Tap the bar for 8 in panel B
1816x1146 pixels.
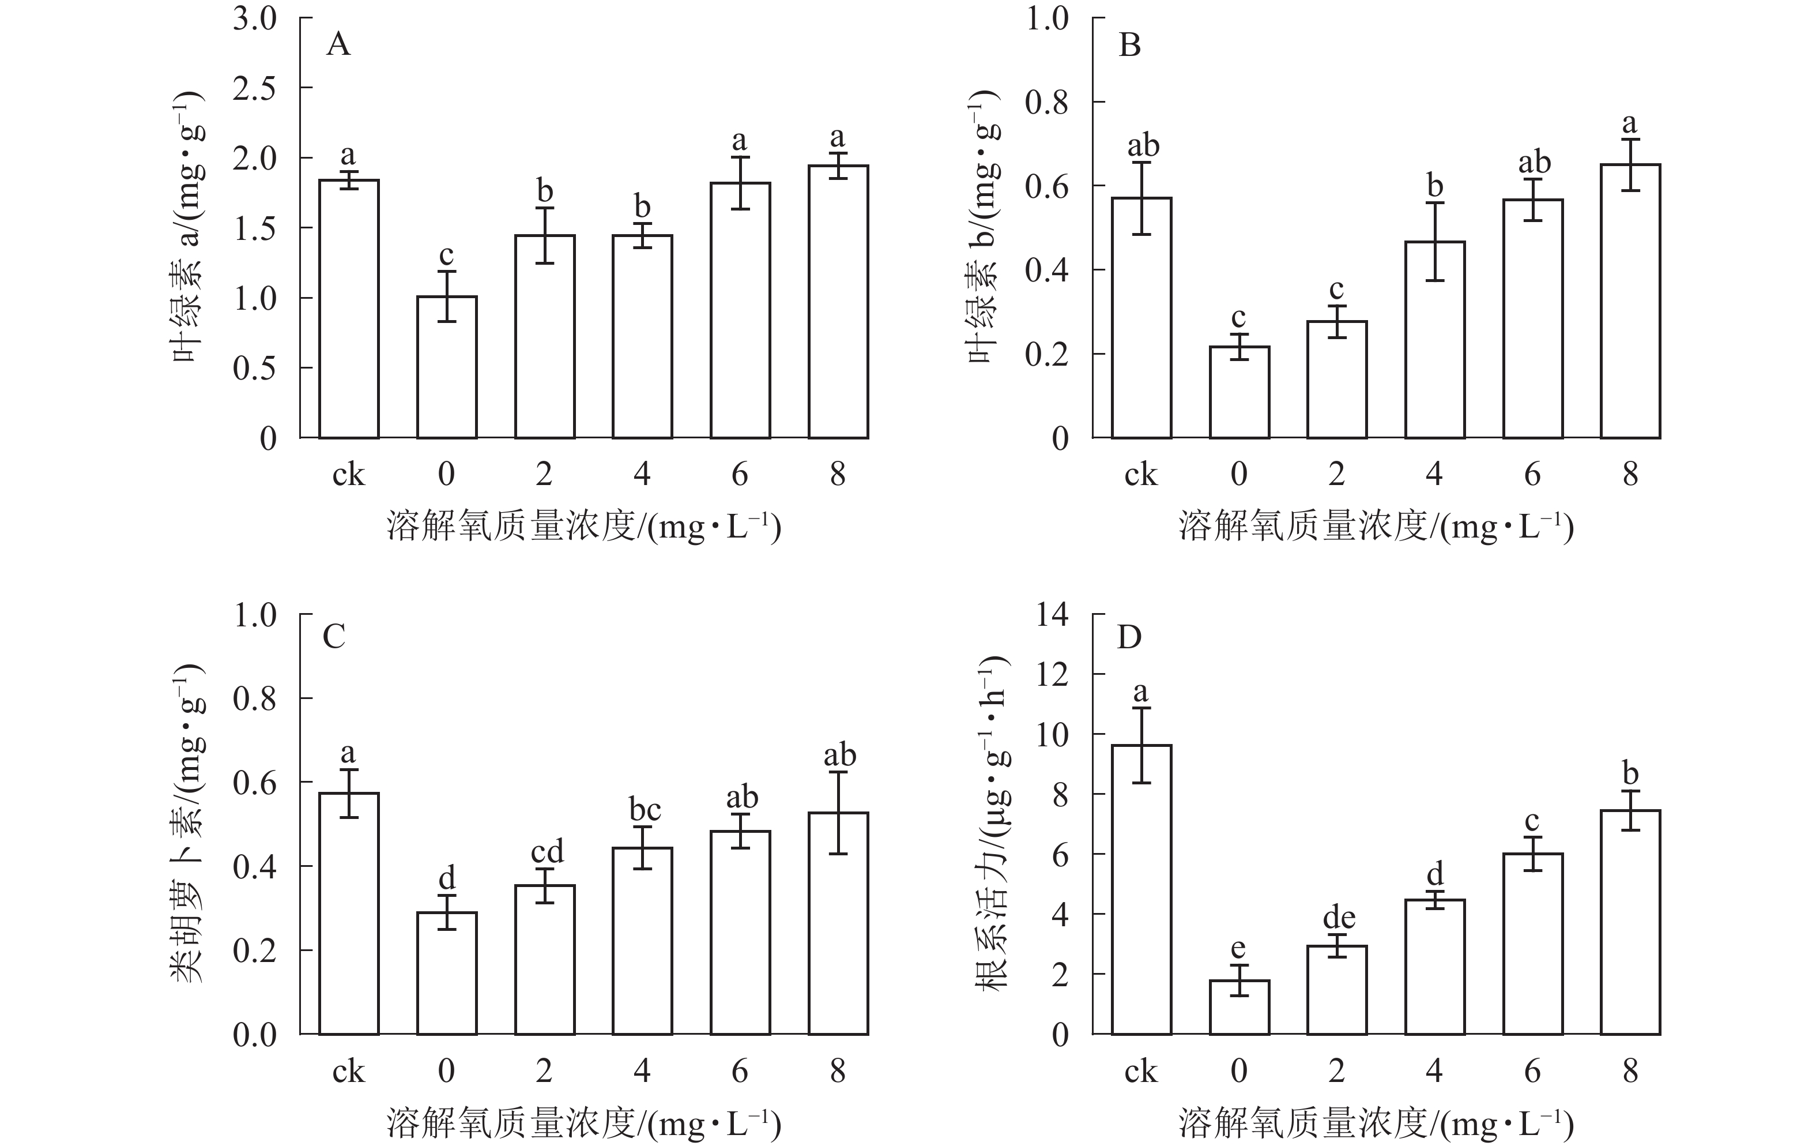1630,301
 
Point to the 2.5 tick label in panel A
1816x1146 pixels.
254,89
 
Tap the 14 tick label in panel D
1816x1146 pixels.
1052,615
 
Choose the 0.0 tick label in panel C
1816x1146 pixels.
254,1035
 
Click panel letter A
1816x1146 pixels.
338,45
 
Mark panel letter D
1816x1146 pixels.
1129,638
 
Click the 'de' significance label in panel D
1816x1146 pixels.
1339,918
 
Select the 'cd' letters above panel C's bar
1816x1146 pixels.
547,852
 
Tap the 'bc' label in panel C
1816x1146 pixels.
645,810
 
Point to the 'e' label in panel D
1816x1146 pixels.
1238,948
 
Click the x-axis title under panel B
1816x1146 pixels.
1376,527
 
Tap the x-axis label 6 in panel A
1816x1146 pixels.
740,475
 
